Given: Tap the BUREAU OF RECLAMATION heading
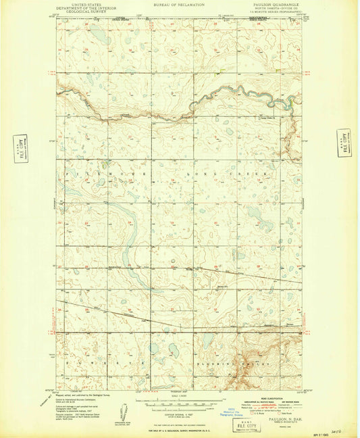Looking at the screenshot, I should pyautogui.click(x=180, y=5).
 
